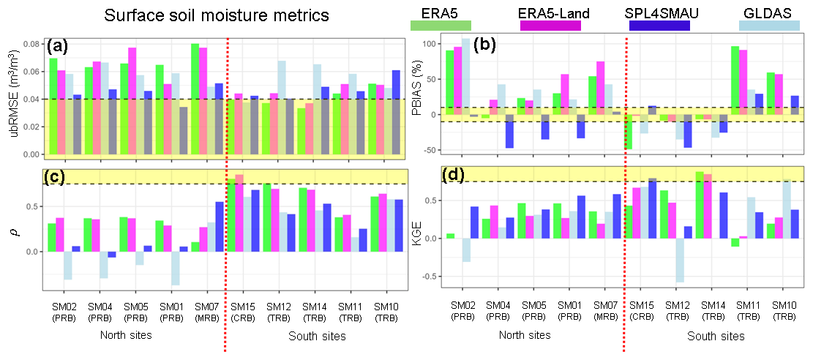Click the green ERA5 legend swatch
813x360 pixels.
(441, 26)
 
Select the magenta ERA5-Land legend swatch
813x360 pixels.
(550, 26)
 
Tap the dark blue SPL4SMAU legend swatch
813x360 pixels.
(659, 26)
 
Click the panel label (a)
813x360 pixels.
(57, 47)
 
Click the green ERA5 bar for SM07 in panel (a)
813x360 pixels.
(195, 99)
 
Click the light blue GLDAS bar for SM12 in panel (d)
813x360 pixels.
(681, 260)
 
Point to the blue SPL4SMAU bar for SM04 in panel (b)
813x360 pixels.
(509, 131)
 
